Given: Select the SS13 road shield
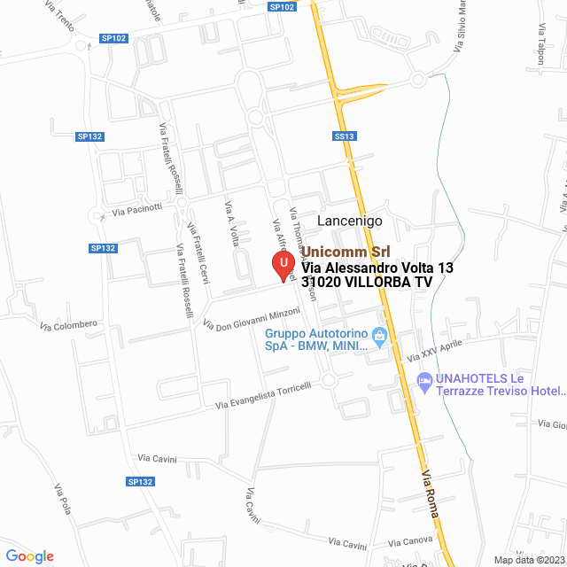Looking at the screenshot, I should coord(345,136).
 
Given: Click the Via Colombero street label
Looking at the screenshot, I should coord(68,325).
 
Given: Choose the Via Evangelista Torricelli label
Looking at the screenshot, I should coord(265,396).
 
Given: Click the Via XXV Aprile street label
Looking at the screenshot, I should coord(434,351).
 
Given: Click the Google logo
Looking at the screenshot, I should coord(29,556).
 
